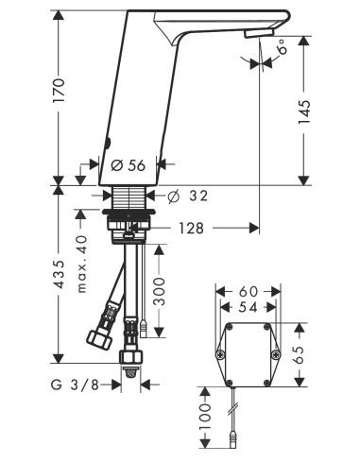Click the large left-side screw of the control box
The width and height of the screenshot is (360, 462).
[220, 354]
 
